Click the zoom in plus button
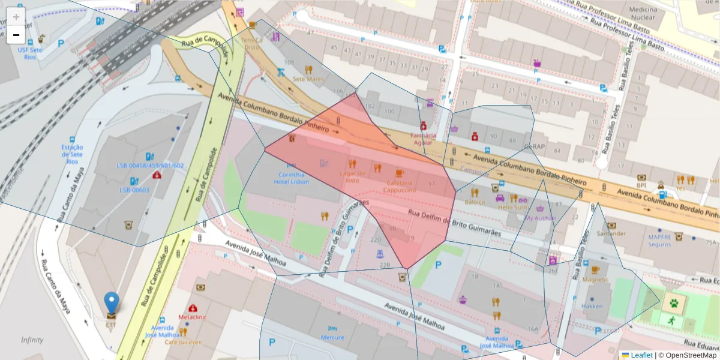tap(16, 16)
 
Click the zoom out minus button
tap(16, 35)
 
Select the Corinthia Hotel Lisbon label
tap(292, 178)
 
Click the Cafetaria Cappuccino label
tap(400, 186)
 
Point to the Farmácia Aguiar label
tap(423, 139)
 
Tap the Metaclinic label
tap(193, 316)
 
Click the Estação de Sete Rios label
tap(72, 154)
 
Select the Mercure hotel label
tap(332, 337)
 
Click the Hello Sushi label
tap(512, 207)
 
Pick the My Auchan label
tap(539, 218)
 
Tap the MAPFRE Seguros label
tap(659, 241)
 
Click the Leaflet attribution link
tap(641, 355)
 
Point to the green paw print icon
tap(674, 304)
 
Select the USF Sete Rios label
tap(30, 53)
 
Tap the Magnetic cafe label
tap(595, 280)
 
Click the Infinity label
tap(32, 340)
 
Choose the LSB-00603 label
tap(134, 190)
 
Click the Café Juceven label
tap(182, 342)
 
